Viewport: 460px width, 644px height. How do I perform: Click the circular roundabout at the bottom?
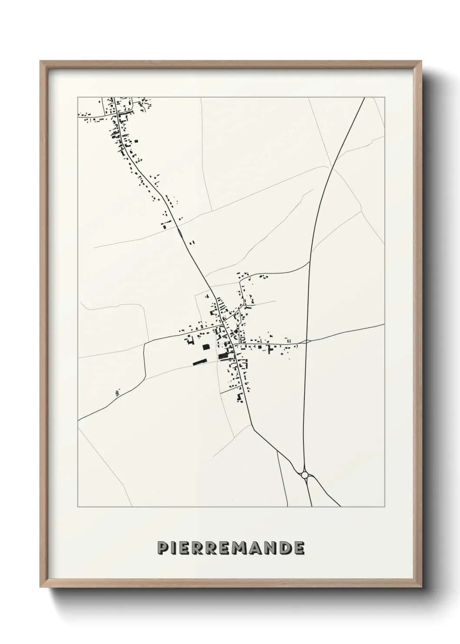(x=304, y=475)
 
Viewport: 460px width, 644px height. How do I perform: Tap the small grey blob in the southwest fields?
(x=117, y=393)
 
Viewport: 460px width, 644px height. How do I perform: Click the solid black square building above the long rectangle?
(x=205, y=347)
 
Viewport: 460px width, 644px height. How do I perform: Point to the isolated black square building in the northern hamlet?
(x=136, y=141)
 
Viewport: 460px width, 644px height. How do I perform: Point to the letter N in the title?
(x=270, y=548)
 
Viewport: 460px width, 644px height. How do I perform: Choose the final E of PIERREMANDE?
(x=299, y=548)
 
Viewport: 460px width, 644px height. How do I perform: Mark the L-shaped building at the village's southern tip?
(x=239, y=398)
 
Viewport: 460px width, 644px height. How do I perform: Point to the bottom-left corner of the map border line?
(x=78, y=507)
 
